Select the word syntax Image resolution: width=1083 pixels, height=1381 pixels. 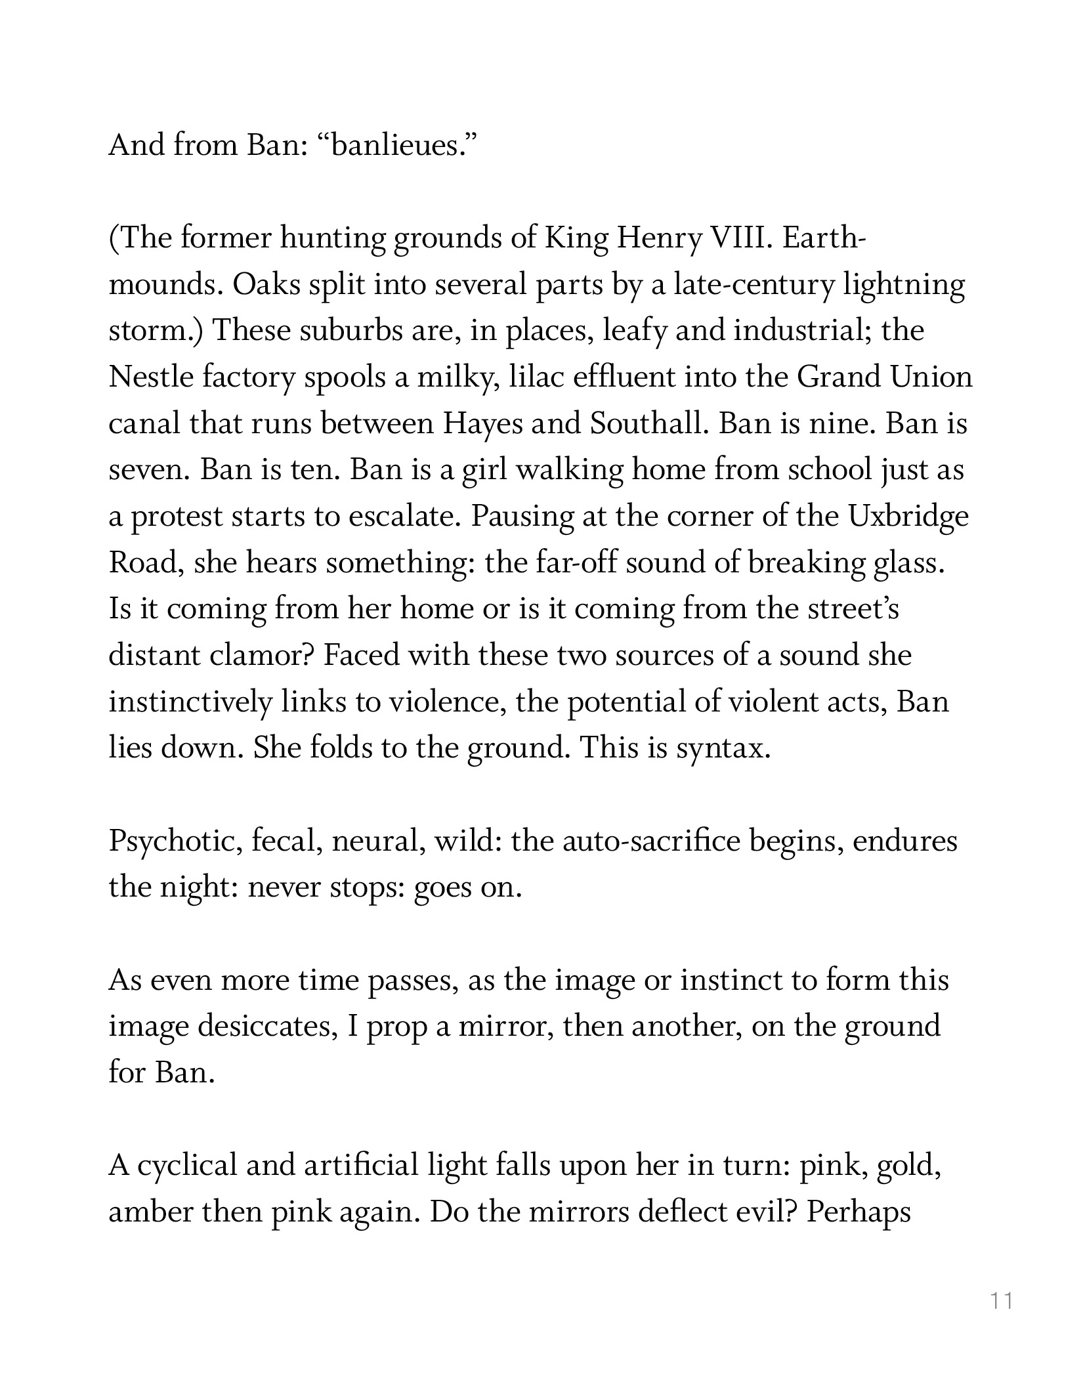[x=723, y=748]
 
